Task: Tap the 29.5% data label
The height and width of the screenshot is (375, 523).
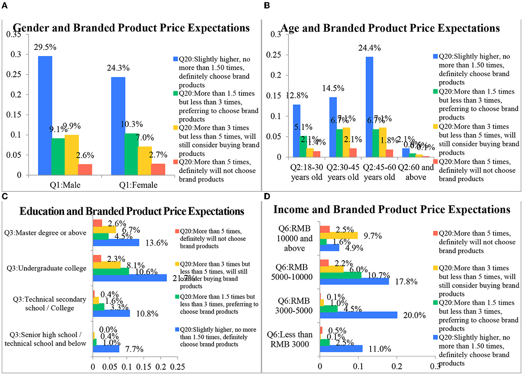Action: [x=45, y=47]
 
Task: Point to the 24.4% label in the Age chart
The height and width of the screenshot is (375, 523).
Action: [x=369, y=48]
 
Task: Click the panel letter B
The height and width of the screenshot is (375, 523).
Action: [x=267, y=6]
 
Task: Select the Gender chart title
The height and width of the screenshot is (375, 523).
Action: [x=131, y=28]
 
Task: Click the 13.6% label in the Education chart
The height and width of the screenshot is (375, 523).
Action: [x=156, y=243]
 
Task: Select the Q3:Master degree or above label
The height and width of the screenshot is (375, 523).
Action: [x=45, y=233]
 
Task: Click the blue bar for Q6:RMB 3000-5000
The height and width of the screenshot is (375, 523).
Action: [x=358, y=315]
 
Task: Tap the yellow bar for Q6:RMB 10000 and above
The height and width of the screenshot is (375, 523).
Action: [x=339, y=235]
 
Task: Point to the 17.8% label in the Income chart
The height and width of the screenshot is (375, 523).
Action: [x=406, y=282]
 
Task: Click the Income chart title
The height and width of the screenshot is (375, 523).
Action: [x=392, y=209]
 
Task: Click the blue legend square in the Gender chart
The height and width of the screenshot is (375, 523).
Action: [x=176, y=59]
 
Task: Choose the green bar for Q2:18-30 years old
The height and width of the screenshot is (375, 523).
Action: [x=303, y=146]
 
